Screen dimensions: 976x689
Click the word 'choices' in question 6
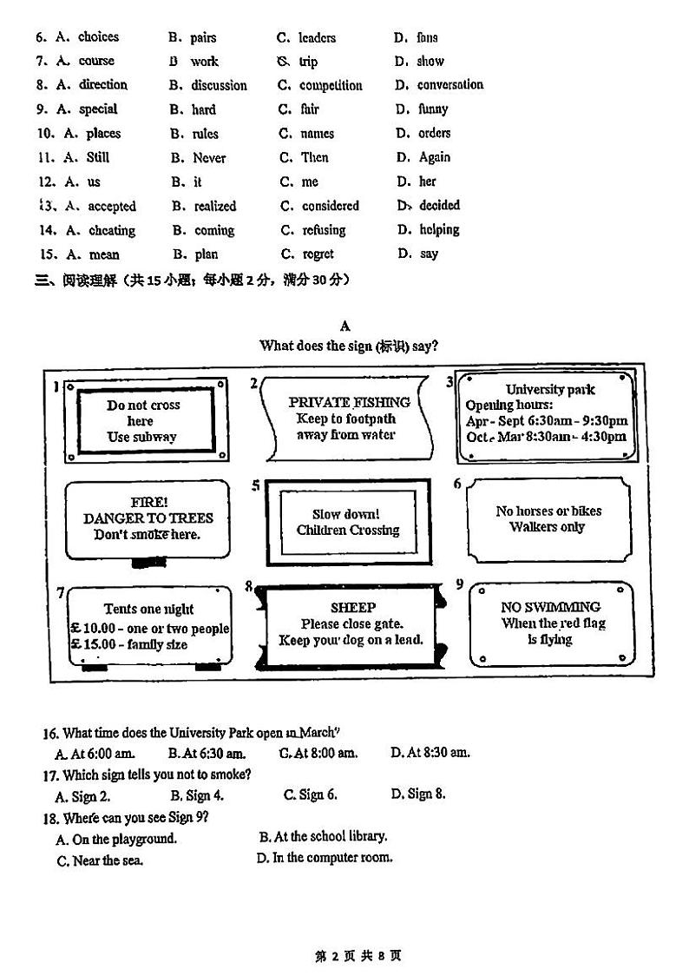coord(98,36)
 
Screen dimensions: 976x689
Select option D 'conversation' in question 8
coord(449,84)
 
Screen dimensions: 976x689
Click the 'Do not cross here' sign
coord(144,420)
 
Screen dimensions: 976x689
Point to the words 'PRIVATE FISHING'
coord(349,402)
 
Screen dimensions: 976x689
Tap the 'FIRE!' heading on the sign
coord(148,502)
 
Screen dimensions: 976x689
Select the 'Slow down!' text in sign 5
coord(346,514)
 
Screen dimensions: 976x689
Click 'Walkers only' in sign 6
coord(547,527)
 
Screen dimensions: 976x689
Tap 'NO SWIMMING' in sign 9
coord(550,607)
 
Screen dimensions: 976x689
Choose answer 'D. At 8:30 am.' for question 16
coord(430,752)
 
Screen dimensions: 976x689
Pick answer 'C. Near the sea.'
coord(100,861)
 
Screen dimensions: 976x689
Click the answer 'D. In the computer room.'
coord(325,857)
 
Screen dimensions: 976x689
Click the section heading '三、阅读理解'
coord(78,280)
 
